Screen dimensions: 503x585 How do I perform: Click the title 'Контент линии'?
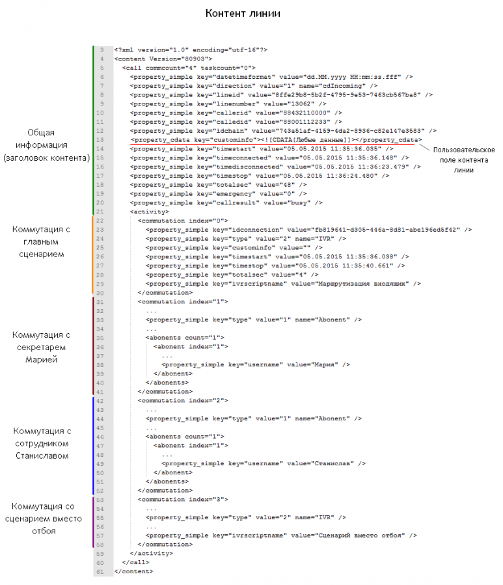pyautogui.click(x=243, y=14)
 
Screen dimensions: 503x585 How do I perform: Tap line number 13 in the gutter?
pyautogui.click(x=100, y=140)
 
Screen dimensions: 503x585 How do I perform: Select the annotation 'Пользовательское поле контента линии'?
pyautogui.click(x=464, y=159)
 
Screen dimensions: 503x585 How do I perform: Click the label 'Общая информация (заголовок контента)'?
pyautogui.click(x=46, y=145)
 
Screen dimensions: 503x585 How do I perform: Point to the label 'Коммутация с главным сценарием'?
pyautogui.click(x=41, y=242)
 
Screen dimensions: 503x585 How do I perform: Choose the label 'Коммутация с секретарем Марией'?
pyautogui.click(x=41, y=347)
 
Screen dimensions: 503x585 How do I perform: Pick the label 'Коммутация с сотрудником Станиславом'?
pyautogui.click(x=42, y=444)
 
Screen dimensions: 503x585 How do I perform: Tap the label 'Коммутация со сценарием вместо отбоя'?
pyautogui.click(x=44, y=519)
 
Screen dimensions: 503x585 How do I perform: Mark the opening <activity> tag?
pyautogui.click(x=149, y=211)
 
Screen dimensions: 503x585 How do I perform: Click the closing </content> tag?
pyautogui.click(x=133, y=571)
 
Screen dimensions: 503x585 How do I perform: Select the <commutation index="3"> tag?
pyautogui.click(x=183, y=499)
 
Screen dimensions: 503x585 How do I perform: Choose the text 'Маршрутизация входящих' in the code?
pyautogui.click(x=361, y=284)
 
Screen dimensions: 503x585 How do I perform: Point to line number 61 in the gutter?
pyautogui.click(x=100, y=571)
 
